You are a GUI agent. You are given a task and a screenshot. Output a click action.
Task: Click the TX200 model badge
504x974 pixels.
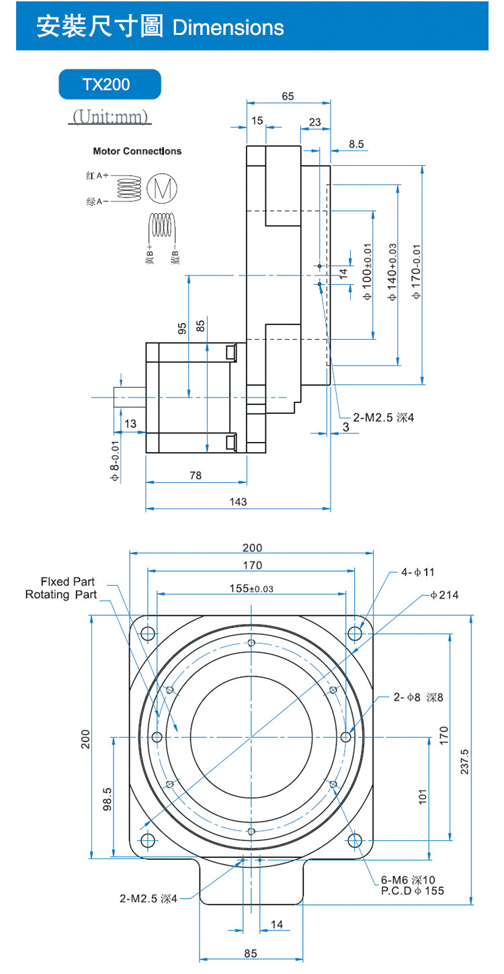point(110,85)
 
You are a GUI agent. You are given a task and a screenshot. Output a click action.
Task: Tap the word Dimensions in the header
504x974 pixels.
point(228,28)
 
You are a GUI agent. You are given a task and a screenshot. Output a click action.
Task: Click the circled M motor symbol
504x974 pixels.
point(162,188)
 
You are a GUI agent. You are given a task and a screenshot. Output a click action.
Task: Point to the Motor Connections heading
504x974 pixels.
point(137,151)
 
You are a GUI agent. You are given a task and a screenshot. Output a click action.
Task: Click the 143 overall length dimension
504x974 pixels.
point(238,502)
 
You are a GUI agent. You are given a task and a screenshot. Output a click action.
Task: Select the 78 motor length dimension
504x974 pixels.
point(196,476)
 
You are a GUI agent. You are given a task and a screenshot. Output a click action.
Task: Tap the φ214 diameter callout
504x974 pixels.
point(444,595)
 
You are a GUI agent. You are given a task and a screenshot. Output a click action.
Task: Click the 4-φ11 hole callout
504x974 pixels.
point(417,572)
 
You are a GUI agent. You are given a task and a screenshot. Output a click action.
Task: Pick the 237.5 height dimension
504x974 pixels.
point(464,762)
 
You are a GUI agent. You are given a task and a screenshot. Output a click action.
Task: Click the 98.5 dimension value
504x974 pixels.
point(108,799)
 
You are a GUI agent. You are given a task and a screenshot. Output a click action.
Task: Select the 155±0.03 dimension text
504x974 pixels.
point(251,588)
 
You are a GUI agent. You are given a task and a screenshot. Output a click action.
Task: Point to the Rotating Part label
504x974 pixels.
point(61,594)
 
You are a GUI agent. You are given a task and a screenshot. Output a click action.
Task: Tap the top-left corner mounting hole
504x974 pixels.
point(148,633)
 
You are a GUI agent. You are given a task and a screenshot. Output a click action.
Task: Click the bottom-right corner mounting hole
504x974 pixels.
point(355,840)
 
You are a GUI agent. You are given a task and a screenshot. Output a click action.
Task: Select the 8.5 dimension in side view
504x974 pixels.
point(356,144)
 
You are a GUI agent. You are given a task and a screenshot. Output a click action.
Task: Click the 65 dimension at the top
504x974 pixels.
point(288,96)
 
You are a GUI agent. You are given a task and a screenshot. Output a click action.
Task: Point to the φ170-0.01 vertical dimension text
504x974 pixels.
point(416,271)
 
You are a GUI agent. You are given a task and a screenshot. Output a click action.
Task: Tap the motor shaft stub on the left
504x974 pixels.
point(130,397)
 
